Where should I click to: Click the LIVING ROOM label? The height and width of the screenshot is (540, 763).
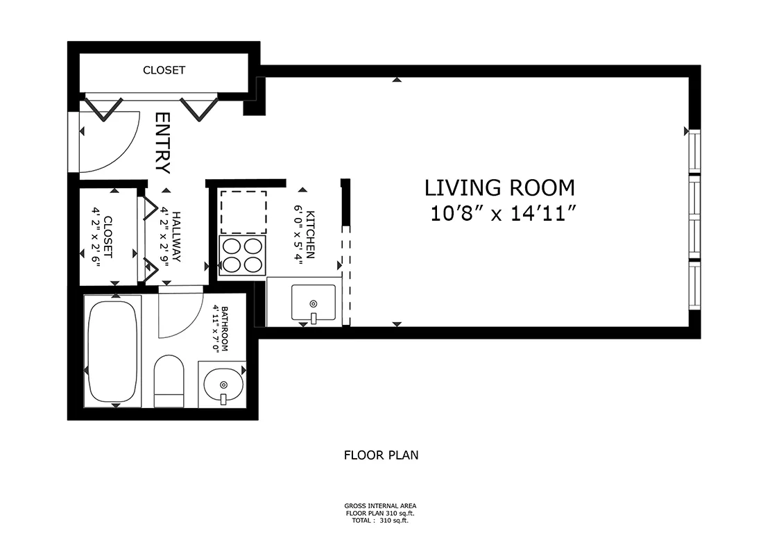499,187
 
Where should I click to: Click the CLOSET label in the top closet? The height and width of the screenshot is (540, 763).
164,70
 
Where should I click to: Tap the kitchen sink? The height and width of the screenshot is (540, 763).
312,303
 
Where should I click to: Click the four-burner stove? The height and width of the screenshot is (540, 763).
243,255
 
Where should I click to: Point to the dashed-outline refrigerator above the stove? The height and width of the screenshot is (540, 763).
243,212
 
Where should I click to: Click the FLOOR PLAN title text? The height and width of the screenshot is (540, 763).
381,456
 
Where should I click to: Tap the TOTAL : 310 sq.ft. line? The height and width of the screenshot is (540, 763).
381,520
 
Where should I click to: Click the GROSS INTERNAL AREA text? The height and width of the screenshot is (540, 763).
381,506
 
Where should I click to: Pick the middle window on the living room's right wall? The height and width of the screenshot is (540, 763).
695,217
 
